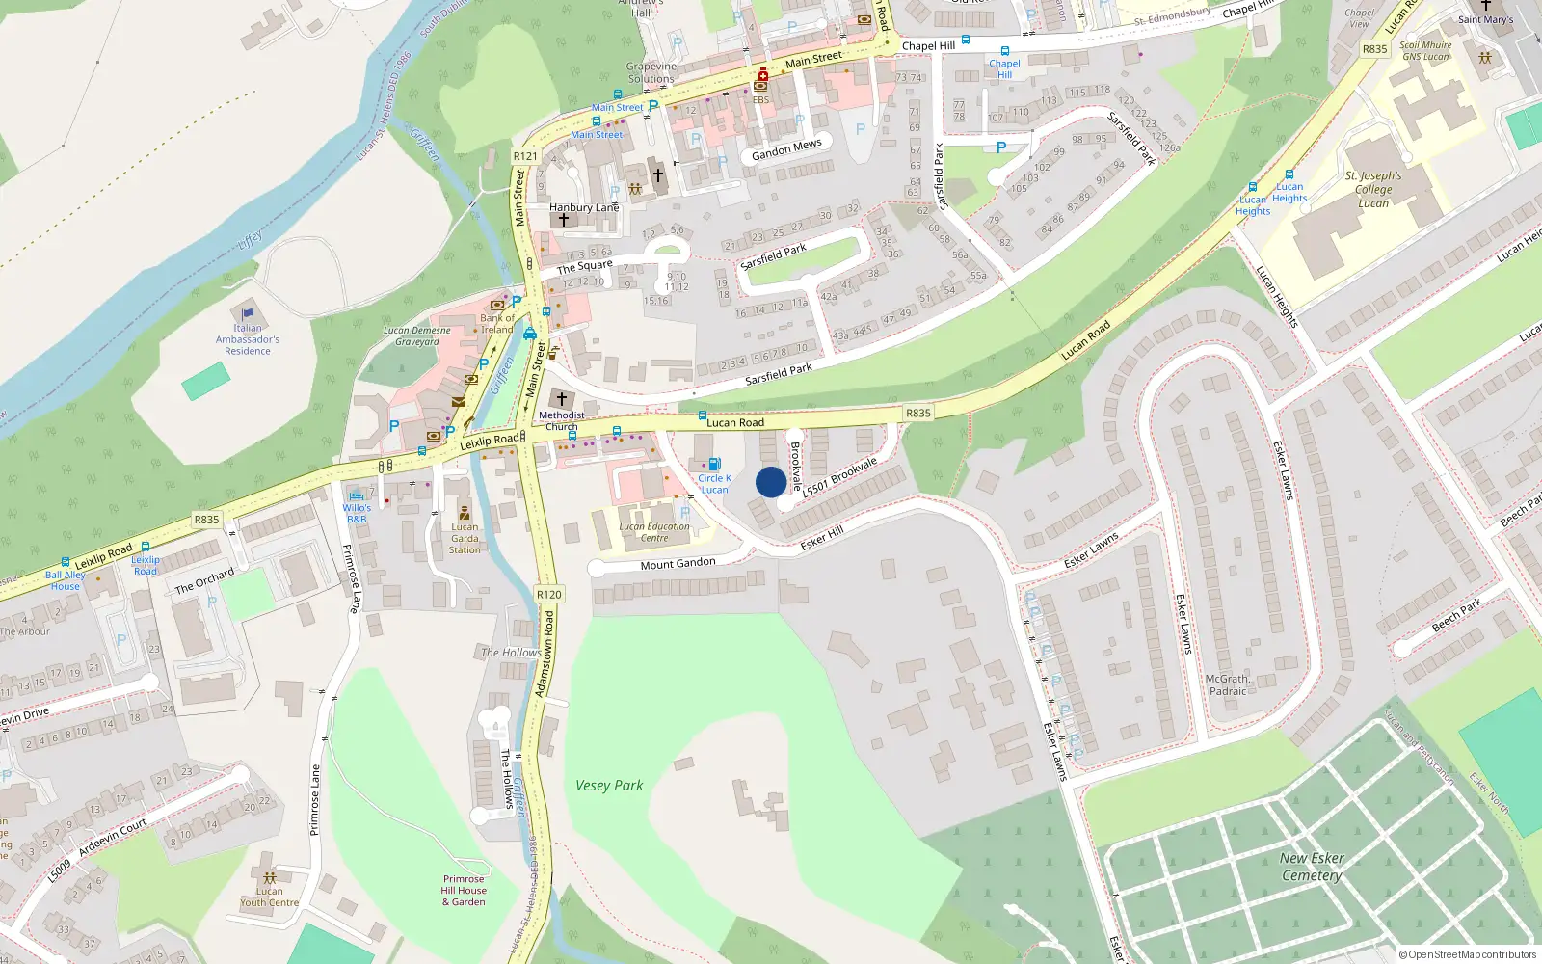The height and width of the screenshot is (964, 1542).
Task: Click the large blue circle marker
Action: click(x=771, y=482)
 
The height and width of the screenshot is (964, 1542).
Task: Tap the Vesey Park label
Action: click(x=609, y=786)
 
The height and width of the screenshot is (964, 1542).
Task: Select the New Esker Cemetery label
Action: click(x=1312, y=867)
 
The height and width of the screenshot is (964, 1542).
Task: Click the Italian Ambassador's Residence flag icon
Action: click(x=248, y=314)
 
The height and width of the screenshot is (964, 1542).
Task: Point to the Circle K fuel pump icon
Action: click(x=714, y=465)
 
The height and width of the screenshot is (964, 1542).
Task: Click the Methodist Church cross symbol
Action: click(x=561, y=399)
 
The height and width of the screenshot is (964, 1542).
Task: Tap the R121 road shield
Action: click(x=525, y=156)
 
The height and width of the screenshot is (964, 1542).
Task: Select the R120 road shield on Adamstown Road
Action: click(x=548, y=595)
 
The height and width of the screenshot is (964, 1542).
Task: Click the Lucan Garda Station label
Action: click(x=465, y=538)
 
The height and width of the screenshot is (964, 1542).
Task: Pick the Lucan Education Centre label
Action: click(x=654, y=532)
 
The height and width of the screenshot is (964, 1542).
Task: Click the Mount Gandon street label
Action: click(x=678, y=563)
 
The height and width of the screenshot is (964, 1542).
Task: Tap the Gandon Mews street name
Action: click(x=786, y=149)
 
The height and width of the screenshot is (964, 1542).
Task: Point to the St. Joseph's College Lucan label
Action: click(x=1373, y=189)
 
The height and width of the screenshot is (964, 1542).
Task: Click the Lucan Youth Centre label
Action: click(x=270, y=897)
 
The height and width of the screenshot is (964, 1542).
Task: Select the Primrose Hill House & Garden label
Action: click(x=464, y=891)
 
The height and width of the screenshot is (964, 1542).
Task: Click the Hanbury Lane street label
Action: click(x=584, y=207)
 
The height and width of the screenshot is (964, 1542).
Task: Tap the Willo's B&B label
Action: click(x=357, y=513)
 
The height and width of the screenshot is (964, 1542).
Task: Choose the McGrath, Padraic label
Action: click(x=1228, y=684)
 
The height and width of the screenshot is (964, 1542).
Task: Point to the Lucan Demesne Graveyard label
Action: click(x=417, y=335)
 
